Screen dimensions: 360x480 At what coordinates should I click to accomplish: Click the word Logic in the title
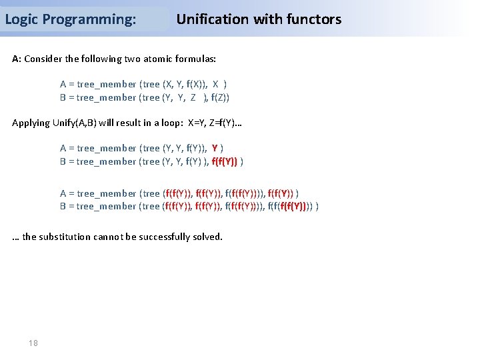(20, 19)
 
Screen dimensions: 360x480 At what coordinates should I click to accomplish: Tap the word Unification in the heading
(212, 19)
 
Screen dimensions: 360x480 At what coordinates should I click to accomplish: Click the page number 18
(33, 343)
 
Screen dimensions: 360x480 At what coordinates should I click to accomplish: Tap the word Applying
(31, 123)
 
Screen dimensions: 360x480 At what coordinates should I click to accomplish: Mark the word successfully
(166, 237)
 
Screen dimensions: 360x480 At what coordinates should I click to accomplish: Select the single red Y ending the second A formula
(215, 148)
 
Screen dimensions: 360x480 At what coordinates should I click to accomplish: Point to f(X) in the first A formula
(196, 84)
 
